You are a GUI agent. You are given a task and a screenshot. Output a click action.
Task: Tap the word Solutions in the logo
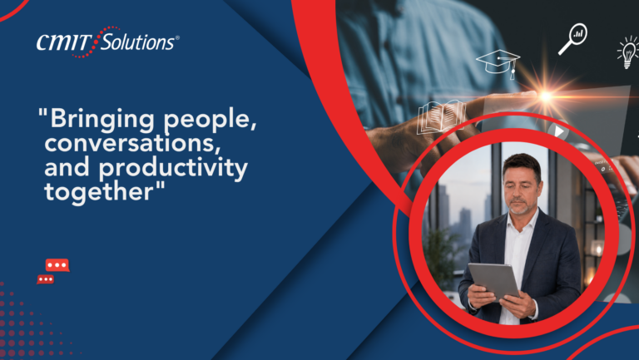137,42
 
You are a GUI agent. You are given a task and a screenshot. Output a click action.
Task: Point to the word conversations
132,143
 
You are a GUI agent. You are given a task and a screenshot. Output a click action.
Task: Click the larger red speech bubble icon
57,265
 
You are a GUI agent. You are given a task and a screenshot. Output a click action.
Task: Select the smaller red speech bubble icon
45,279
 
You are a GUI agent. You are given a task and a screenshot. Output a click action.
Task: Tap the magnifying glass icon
572,39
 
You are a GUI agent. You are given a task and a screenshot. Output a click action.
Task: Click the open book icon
441,117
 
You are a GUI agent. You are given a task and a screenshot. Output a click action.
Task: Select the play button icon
559,131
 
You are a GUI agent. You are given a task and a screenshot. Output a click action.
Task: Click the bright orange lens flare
545,96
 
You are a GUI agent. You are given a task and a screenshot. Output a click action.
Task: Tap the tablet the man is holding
493,281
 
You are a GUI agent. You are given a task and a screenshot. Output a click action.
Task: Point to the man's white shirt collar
523,222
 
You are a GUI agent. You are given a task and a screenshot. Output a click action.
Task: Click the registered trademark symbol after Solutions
177,38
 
